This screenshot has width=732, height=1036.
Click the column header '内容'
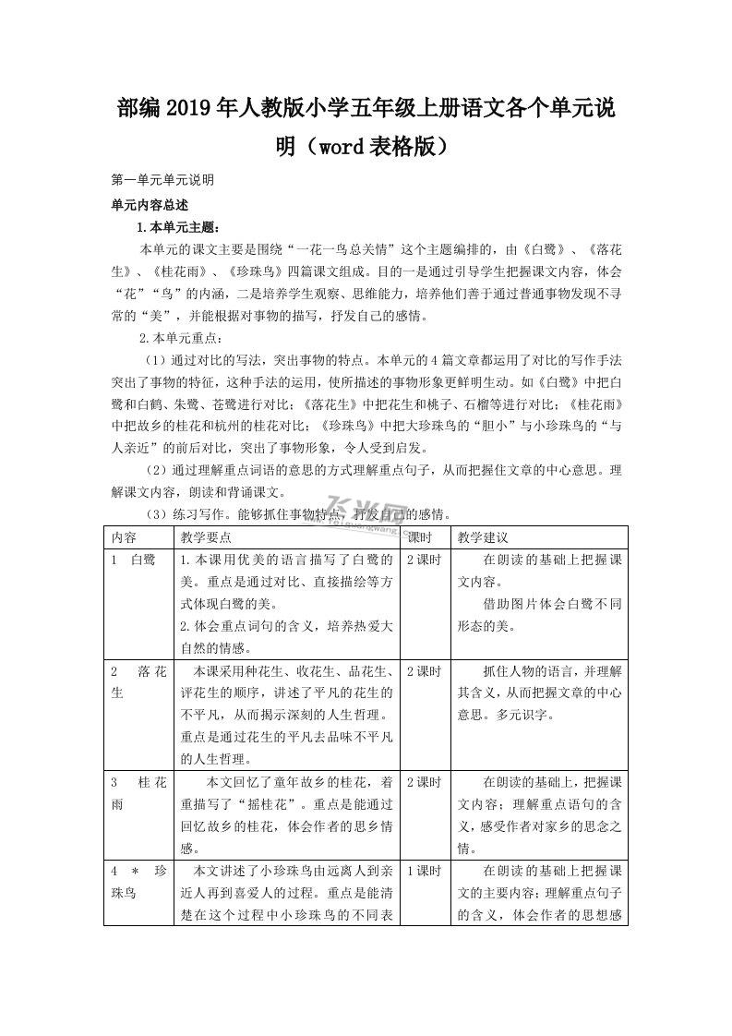click(125, 536)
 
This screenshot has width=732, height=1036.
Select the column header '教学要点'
click(206, 536)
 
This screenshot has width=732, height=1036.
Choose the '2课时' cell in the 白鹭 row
click(424, 560)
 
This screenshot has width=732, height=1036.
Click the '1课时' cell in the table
click(424, 871)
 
